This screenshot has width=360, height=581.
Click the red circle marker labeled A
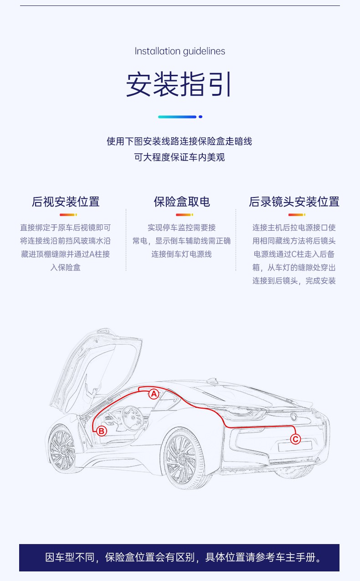pos(154,394)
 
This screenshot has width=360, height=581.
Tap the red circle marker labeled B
pos(102,431)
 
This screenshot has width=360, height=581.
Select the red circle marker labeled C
pos(295,439)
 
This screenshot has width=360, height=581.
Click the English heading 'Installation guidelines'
pos(180,52)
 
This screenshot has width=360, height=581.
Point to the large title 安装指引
pos(179,84)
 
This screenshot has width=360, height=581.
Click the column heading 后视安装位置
pos(66,202)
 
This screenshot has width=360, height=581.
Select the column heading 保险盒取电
pos(182,202)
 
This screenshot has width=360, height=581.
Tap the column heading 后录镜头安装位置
pos(294,202)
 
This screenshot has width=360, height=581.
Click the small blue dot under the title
pos(201,117)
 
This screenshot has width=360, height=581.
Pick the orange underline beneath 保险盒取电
pos(184,215)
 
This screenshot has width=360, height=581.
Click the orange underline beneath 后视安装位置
pos(68,215)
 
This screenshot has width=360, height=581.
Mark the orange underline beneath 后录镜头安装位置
pos(297,215)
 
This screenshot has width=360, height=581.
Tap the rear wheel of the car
pos(185,458)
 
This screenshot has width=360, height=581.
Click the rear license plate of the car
pos(295,446)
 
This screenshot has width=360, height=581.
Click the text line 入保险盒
pos(66,267)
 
